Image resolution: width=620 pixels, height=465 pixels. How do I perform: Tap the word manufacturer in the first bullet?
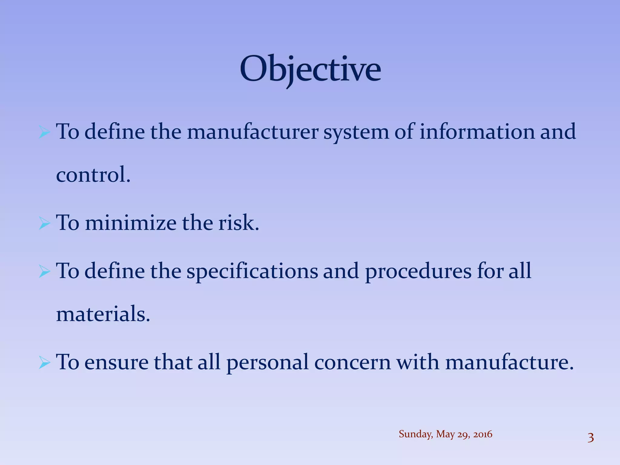pyautogui.click(x=252, y=132)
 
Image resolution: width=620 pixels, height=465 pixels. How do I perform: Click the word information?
pyautogui.click(x=477, y=132)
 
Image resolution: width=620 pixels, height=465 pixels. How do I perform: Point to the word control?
pyautogui.click(x=93, y=175)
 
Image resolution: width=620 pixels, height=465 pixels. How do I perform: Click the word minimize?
pyautogui.click(x=130, y=223)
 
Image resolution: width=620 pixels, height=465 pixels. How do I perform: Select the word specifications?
pyautogui.click(x=252, y=271)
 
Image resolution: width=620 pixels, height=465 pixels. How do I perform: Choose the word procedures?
pyautogui.click(x=418, y=271)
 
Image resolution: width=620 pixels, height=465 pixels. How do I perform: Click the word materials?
pyautogui.click(x=103, y=314)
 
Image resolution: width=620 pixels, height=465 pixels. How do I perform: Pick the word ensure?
pyautogui.click(x=117, y=362)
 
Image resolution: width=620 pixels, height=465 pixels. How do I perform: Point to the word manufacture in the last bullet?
pyautogui.click(x=509, y=362)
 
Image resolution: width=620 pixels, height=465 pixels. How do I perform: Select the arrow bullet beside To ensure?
pyautogui.click(x=45, y=363)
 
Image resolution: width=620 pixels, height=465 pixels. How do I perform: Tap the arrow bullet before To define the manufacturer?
pyautogui.click(x=45, y=133)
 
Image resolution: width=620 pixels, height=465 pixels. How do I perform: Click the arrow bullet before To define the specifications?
pyautogui.click(x=45, y=272)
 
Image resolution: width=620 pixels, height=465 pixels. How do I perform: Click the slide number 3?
pyautogui.click(x=590, y=438)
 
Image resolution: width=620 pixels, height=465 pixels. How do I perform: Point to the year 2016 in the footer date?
pyautogui.click(x=483, y=434)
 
